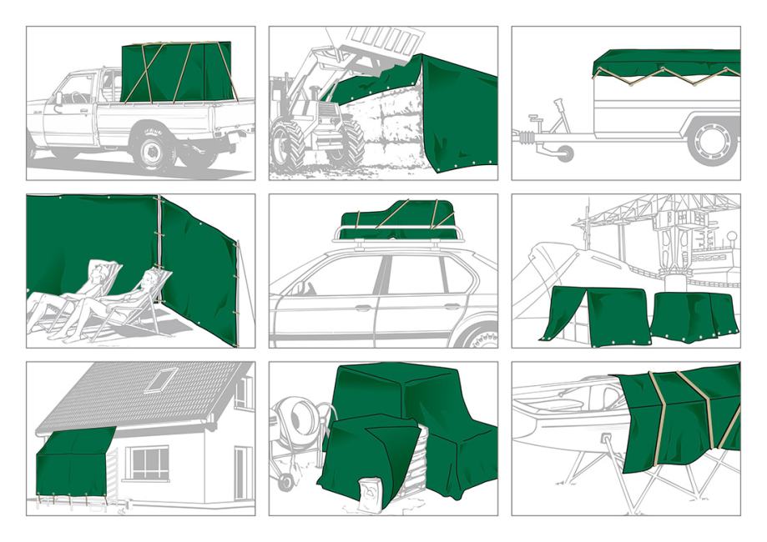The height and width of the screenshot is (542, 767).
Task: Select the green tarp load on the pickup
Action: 176,73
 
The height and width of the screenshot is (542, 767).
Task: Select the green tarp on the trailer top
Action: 666,62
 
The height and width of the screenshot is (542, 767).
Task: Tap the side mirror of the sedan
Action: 298,289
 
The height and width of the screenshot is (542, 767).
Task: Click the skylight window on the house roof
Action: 162,379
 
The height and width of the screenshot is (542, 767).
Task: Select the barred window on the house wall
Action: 146,463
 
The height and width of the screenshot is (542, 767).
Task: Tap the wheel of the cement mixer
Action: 286,482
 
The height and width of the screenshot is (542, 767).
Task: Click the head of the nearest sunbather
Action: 153,276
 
